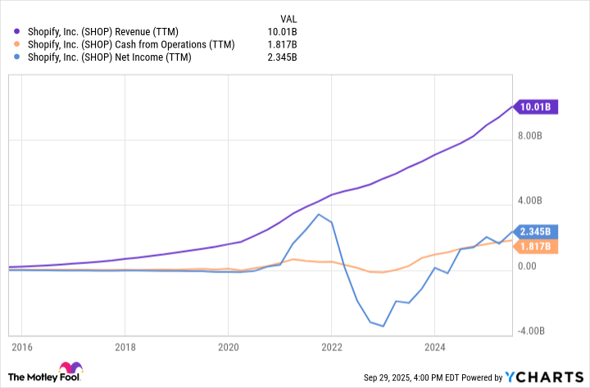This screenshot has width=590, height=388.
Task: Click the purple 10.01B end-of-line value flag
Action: [x=536, y=106]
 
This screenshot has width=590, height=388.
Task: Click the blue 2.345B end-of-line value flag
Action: [x=536, y=231]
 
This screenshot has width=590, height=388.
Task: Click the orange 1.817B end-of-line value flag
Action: [x=536, y=245]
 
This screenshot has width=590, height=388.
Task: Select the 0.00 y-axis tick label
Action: [x=529, y=267]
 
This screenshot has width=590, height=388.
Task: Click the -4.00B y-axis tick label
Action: [x=532, y=331]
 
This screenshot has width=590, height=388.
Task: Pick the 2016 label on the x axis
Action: [x=21, y=347]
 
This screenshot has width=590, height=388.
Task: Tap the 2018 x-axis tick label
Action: [x=125, y=347]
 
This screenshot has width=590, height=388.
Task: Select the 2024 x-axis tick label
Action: [x=435, y=347]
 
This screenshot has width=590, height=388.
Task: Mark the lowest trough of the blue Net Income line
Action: [x=383, y=326]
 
